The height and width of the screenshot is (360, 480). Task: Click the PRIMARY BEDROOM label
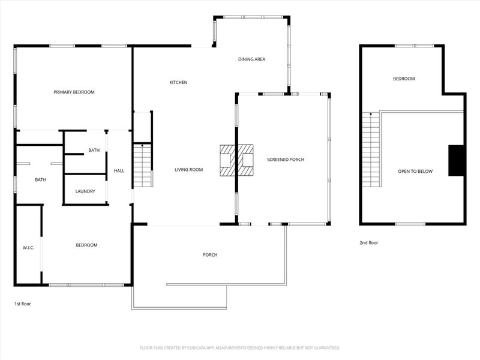tap(74, 92)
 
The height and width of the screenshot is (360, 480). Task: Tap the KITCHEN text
tap(178, 82)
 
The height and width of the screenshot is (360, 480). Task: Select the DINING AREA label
tap(251, 59)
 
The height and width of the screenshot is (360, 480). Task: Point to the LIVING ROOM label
tap(188, 170)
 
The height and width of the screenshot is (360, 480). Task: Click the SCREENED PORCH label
tap(286, 160)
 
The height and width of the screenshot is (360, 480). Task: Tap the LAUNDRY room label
tap(85, 191)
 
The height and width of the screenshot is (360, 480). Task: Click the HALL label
tap(119, 171)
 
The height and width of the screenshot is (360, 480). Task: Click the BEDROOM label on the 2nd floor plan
tap(404, 79)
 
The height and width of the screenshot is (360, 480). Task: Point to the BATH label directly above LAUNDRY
tap(94, 151)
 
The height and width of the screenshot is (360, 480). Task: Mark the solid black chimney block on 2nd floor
tap(457, 161)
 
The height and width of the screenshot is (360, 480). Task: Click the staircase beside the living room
tap(142, 166)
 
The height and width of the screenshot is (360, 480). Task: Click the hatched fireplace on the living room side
tap(227, 160)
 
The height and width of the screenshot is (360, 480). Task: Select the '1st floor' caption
tap(22, 304)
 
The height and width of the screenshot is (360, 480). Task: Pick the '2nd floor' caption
tap(368, 243)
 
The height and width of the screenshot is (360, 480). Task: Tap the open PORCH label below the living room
tap(209, 255)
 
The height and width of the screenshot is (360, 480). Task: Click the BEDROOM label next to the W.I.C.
tap(86, 245)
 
